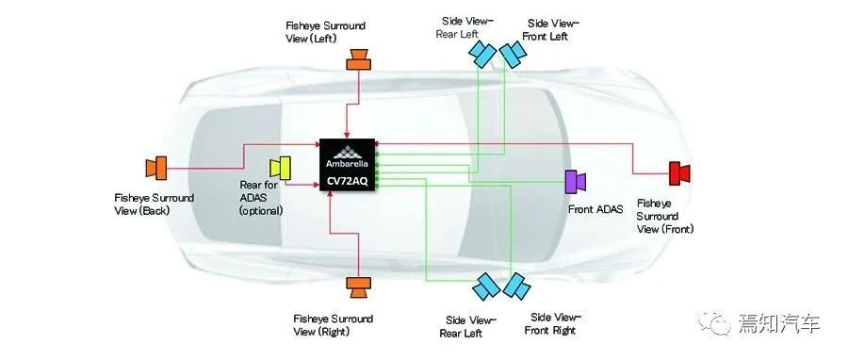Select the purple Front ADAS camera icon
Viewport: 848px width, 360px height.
coord(575,182)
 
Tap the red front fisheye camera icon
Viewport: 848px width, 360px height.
coord(679,173)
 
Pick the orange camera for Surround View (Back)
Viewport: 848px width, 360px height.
coord(155,168)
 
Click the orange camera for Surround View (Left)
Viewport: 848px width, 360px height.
coord(358,59)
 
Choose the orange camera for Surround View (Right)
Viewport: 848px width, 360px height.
coord(357,287)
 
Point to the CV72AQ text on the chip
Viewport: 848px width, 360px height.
coord(347,182)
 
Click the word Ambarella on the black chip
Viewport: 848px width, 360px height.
coord(347,163)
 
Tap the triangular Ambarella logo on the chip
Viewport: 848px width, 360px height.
coord(347,151)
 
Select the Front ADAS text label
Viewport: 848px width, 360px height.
coord(595,209)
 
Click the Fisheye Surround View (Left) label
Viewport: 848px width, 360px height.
coord(325,32)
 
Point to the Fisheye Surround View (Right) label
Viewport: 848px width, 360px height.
coord(334,325)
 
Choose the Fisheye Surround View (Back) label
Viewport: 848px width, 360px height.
coord(155,205)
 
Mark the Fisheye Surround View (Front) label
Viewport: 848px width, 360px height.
coord(664,216)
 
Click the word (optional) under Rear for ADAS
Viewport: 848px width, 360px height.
coord(261,211)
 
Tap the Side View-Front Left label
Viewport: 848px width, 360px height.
coord(549,30)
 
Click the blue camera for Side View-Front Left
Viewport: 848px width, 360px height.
coord(513,54)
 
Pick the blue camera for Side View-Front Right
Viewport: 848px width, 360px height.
coord(516,286)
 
